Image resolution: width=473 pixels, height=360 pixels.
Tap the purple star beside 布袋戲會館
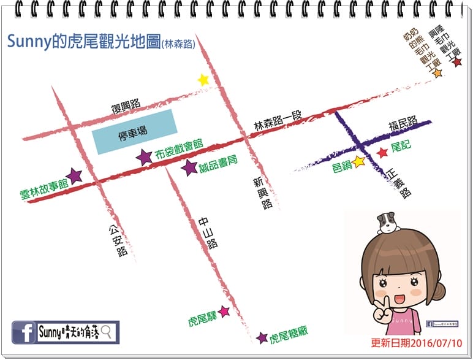pos(144,157)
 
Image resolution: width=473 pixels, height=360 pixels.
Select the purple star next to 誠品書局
pos(190,167)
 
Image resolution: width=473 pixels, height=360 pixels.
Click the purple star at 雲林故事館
pos(74,177)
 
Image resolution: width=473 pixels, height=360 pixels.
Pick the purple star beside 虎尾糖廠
pos(262,337)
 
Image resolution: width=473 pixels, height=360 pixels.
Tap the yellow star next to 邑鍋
pos(359,161)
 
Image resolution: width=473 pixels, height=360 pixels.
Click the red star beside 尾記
pos(382,152)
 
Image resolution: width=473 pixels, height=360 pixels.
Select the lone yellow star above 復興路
pos(203,80)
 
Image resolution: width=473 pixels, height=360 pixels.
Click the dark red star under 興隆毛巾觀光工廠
pos(456,62)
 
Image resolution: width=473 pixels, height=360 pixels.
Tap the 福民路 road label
pos(403,122)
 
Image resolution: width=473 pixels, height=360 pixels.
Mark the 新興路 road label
pos(264,193)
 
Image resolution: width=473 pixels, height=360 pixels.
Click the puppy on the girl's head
pos(387,223)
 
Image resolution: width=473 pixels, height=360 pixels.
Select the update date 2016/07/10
pos(416,343)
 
